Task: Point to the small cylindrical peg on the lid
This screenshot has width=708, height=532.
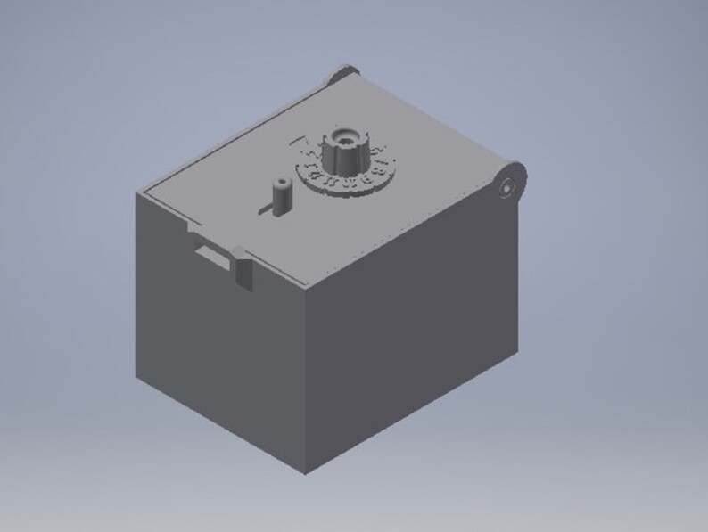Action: tap(281, 195)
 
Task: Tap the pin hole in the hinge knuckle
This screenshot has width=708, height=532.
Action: tap(506, 188)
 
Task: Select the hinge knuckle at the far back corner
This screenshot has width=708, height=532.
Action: tap(342, 74)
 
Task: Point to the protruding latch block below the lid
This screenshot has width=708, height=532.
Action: tap(243, 269)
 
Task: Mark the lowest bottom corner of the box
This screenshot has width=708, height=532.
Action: tap(305, 471)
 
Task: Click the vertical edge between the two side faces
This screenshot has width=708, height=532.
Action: tap(306, 374)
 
